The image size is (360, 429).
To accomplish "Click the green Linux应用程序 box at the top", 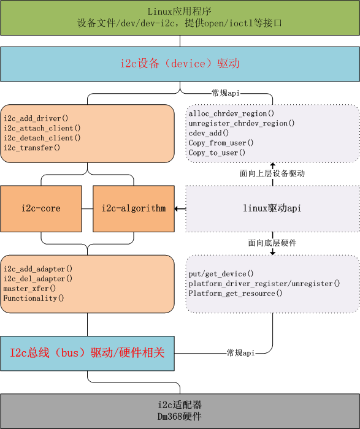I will click(x=180, y=18).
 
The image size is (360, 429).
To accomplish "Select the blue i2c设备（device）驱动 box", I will click(x=180, y=64).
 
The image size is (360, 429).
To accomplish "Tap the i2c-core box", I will click(x=41, y=208).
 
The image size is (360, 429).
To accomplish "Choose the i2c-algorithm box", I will click(x=133, y=208).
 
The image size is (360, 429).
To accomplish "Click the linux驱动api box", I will click(x=272, y=208).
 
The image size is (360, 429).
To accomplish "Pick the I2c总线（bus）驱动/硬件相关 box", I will click(x=87, y=353).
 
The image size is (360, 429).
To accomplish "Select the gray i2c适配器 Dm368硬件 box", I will click(x=180, y=411).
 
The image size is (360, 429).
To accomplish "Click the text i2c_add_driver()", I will click(x=36, y=118).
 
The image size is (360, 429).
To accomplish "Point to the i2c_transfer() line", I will click(x=32, y=148).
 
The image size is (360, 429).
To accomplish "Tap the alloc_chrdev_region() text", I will click(x=231, y=113).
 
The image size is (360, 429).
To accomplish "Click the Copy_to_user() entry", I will click(x=217, y=153).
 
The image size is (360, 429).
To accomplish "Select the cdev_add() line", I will click(x=209, y=133).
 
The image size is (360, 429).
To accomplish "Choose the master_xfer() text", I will click(x=29, y=288).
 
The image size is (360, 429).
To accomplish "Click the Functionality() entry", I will click(x=34, y=298).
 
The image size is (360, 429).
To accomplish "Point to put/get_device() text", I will click(x=221, y=274).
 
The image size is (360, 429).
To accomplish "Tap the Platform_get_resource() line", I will click(x=236, y=294).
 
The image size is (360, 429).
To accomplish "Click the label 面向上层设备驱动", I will click(x=272, y=173).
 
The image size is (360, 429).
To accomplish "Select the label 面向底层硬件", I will click(x=272, y=243).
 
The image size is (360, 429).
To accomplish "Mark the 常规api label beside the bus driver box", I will click(x=240, y=353).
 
